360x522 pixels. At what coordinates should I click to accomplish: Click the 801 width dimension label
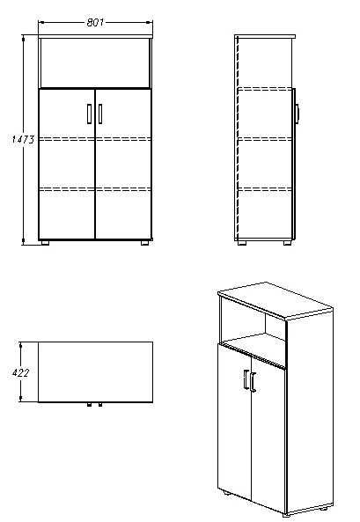[95, 22]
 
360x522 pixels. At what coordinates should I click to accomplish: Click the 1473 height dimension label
[23, 139]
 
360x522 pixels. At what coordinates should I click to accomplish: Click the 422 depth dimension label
[20, 372]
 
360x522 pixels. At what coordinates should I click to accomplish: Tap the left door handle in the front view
[89, 114]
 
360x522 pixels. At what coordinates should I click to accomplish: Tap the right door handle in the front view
[100, 114]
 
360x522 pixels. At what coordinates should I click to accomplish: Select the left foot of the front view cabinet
[45, 243]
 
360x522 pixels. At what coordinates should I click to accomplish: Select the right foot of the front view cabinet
[145, 243]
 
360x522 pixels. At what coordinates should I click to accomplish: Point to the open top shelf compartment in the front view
[95, 62]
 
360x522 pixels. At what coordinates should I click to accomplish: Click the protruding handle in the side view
[297, 113]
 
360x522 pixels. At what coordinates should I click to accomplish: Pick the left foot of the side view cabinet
[242, 243]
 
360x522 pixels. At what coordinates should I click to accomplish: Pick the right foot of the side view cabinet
[288, 243]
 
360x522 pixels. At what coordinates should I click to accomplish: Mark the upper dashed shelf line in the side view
[265, 89]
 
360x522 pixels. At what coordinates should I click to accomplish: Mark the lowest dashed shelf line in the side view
[265, 189]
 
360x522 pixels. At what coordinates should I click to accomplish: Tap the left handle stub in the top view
[89, 404]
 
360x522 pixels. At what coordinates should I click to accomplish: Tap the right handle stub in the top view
[100, 404]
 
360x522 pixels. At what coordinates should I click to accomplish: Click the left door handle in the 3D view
[246, 379]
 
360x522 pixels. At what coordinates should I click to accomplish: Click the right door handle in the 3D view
[253, 382]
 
